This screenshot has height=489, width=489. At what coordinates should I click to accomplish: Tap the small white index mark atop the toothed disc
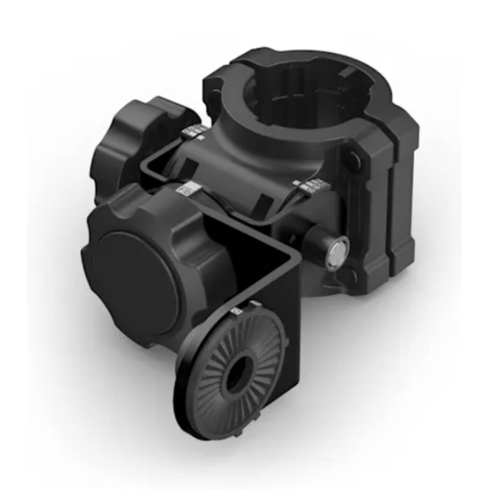[x=237, y=312]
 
